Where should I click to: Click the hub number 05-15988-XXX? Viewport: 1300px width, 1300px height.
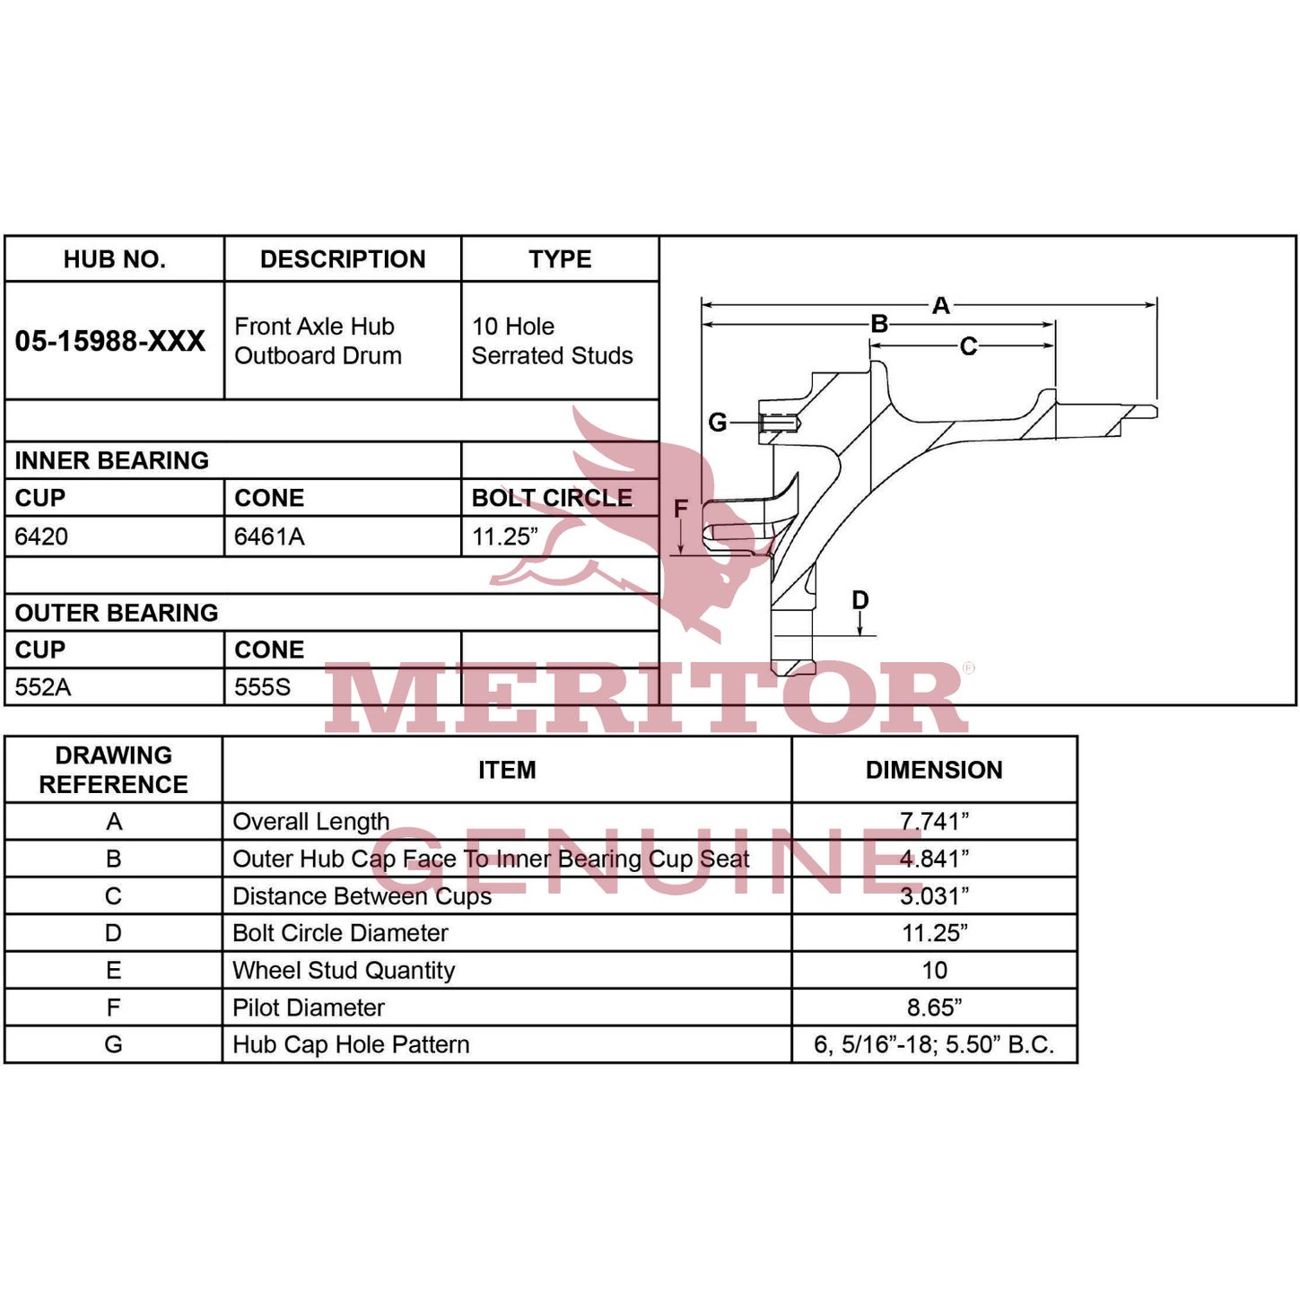110,341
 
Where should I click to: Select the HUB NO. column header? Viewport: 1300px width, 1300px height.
115,259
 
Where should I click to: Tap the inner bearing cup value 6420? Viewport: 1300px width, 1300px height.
41,537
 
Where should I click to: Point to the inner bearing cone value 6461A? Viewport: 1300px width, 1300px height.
269,537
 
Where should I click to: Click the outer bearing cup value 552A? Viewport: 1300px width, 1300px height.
42,686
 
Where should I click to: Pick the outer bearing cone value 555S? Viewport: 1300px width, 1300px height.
263,686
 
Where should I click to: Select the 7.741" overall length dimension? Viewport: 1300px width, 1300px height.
934,821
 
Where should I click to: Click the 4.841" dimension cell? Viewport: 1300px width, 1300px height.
934,858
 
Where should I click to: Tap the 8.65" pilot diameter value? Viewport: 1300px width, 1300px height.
934,1008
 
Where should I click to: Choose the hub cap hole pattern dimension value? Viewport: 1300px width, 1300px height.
934,1044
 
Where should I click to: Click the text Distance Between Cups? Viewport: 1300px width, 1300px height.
362,896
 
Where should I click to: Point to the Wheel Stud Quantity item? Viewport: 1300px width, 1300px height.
344,970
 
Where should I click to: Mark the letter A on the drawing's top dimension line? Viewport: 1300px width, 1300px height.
940,306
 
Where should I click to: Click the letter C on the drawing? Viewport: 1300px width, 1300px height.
968,346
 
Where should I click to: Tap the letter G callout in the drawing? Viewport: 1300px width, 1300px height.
717,423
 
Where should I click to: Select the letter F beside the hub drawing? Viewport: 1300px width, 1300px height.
681,508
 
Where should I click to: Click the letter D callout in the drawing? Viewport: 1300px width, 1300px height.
860,599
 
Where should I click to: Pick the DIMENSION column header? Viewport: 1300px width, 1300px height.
934,770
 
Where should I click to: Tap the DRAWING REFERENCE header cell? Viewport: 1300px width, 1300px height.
113,770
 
